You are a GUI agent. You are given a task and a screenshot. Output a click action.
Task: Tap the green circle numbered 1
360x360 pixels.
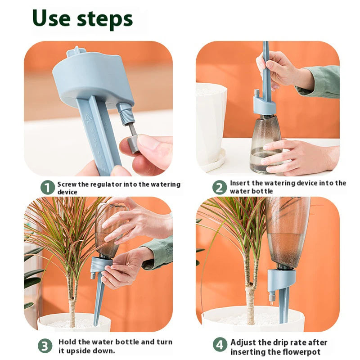pos(47,187)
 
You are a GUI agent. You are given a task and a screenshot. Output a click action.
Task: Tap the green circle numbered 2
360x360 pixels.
pos(220,187)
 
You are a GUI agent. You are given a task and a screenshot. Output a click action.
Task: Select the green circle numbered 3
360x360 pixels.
pos(45,346)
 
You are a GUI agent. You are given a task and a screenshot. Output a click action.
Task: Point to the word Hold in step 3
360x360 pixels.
pos(67,342)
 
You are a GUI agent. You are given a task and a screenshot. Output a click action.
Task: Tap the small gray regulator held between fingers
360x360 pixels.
pos(133,143)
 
